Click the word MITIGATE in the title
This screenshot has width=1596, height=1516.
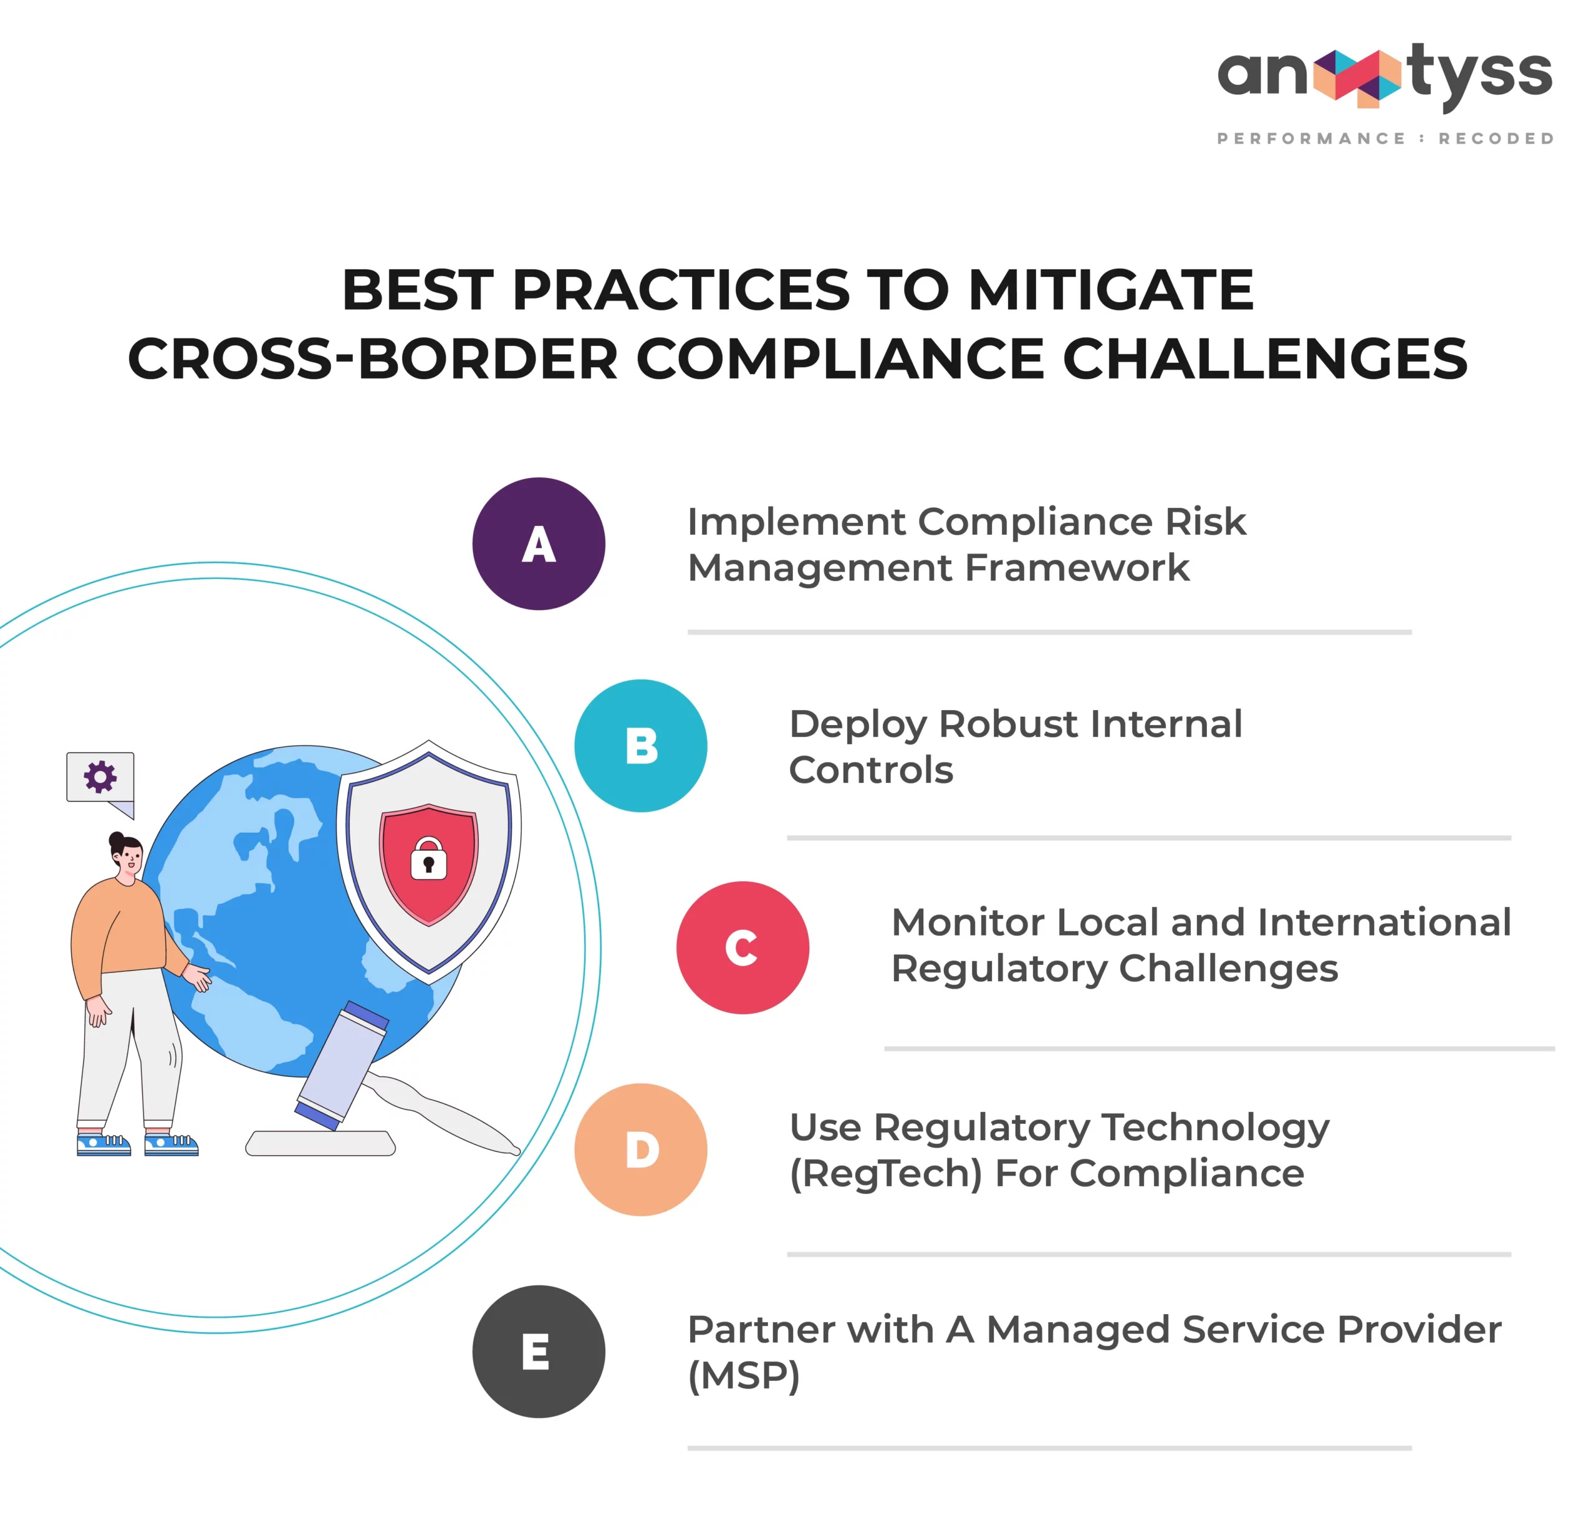click(1110, 290)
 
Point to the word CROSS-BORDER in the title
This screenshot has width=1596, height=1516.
click(373, 359)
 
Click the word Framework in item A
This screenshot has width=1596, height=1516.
click(1077, 567)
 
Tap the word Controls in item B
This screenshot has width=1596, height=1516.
click(871, 769)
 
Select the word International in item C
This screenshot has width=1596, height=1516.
click(1383, 922)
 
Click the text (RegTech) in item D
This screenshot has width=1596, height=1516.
click(886, 1173)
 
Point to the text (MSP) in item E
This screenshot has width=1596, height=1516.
click(744, 1375)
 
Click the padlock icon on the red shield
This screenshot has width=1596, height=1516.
click(428, 858)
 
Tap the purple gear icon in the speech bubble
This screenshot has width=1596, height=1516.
click(100, 777)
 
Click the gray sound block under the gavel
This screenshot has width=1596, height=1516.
click(321, 1143)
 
